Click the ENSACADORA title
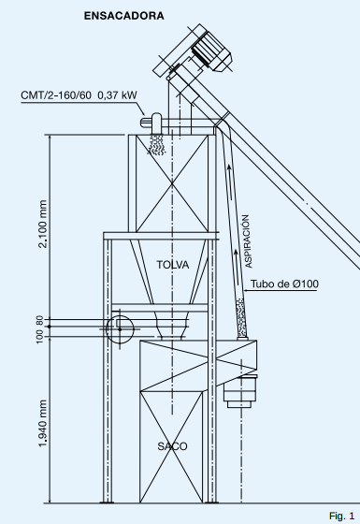[x=123, y=16]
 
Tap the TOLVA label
[x=173, y=265]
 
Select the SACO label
[x=172, y=446]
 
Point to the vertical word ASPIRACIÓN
[x=248, y=241]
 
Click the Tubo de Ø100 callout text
[x=284, y=284]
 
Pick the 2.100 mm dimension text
[x=43, y=224]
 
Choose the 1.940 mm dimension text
[x=42, y=423]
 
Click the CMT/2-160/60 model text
[x=56, y=95]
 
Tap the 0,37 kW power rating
[x=117, y=95]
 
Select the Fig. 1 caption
[x=341, y=516]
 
